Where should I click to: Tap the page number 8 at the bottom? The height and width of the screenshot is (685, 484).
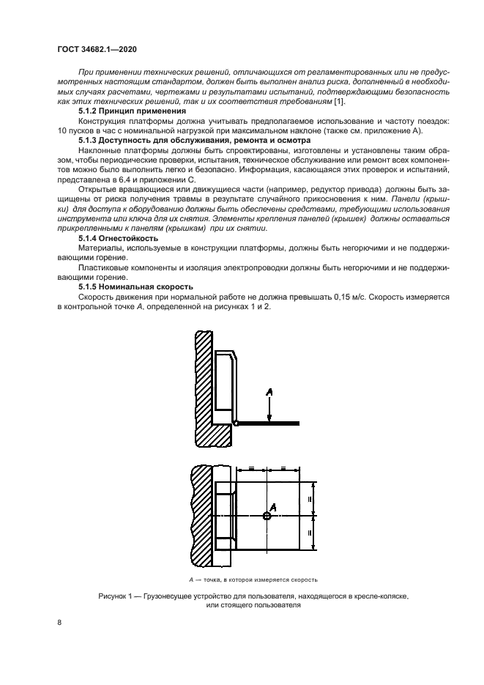click(58, 623)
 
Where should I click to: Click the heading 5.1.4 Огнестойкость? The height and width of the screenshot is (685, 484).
click(117, 239)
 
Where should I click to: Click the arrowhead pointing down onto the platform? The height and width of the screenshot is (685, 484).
click(269, 418)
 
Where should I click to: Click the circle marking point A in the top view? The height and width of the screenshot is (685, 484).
click(267, 516)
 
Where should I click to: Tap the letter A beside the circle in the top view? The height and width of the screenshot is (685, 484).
click(274, 506)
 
